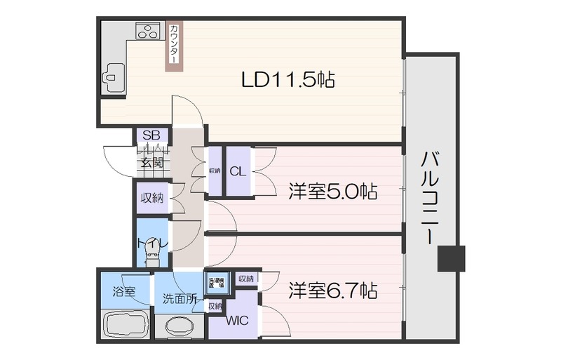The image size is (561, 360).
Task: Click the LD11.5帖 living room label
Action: [288, 79]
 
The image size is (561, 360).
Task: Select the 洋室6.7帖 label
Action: [333, 289]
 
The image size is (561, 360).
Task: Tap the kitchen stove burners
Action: [148, 32]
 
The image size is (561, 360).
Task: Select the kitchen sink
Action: [113, 74]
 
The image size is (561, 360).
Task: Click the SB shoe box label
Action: [151, 135]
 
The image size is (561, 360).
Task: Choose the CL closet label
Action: [237, 171]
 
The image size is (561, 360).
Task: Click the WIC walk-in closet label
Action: [236, 322]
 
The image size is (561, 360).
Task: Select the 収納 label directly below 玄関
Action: [151, 199]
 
